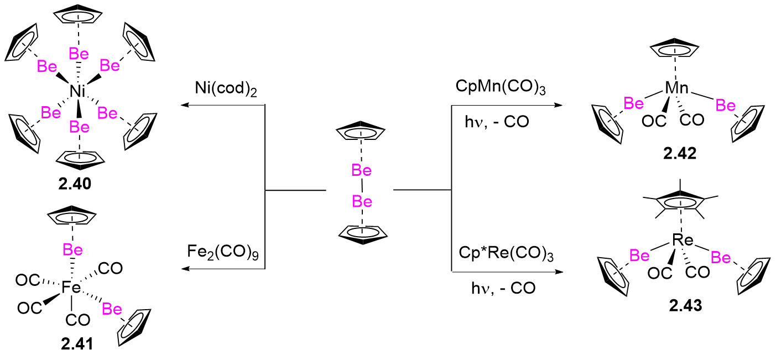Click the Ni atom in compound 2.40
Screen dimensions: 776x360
(77, 91)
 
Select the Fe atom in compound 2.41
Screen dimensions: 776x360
(71, 288)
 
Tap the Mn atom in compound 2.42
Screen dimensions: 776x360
(676, 88)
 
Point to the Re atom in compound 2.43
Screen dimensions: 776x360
(683, 240)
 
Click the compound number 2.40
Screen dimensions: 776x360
(75, 184)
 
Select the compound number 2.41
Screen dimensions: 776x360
(77, 344)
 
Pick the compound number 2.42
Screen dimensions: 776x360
(680, 154)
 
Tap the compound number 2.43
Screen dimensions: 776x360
(685, 306)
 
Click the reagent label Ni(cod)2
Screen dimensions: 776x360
(226, 89)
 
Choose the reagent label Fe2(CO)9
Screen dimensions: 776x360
(223, 252)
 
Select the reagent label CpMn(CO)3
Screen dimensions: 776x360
(501, 87)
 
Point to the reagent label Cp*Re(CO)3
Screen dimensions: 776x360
(506, 254)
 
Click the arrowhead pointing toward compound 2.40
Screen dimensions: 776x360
(185, 105)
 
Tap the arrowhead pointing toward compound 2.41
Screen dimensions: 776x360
(185, 269)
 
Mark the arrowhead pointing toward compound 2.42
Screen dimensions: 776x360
(559, 105)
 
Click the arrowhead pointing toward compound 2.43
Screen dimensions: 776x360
(559, 272)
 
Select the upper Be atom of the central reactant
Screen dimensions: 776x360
(361, 170)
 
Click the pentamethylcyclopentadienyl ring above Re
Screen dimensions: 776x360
(680, 202)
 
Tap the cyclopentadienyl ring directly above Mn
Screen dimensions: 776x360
(674, 49)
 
